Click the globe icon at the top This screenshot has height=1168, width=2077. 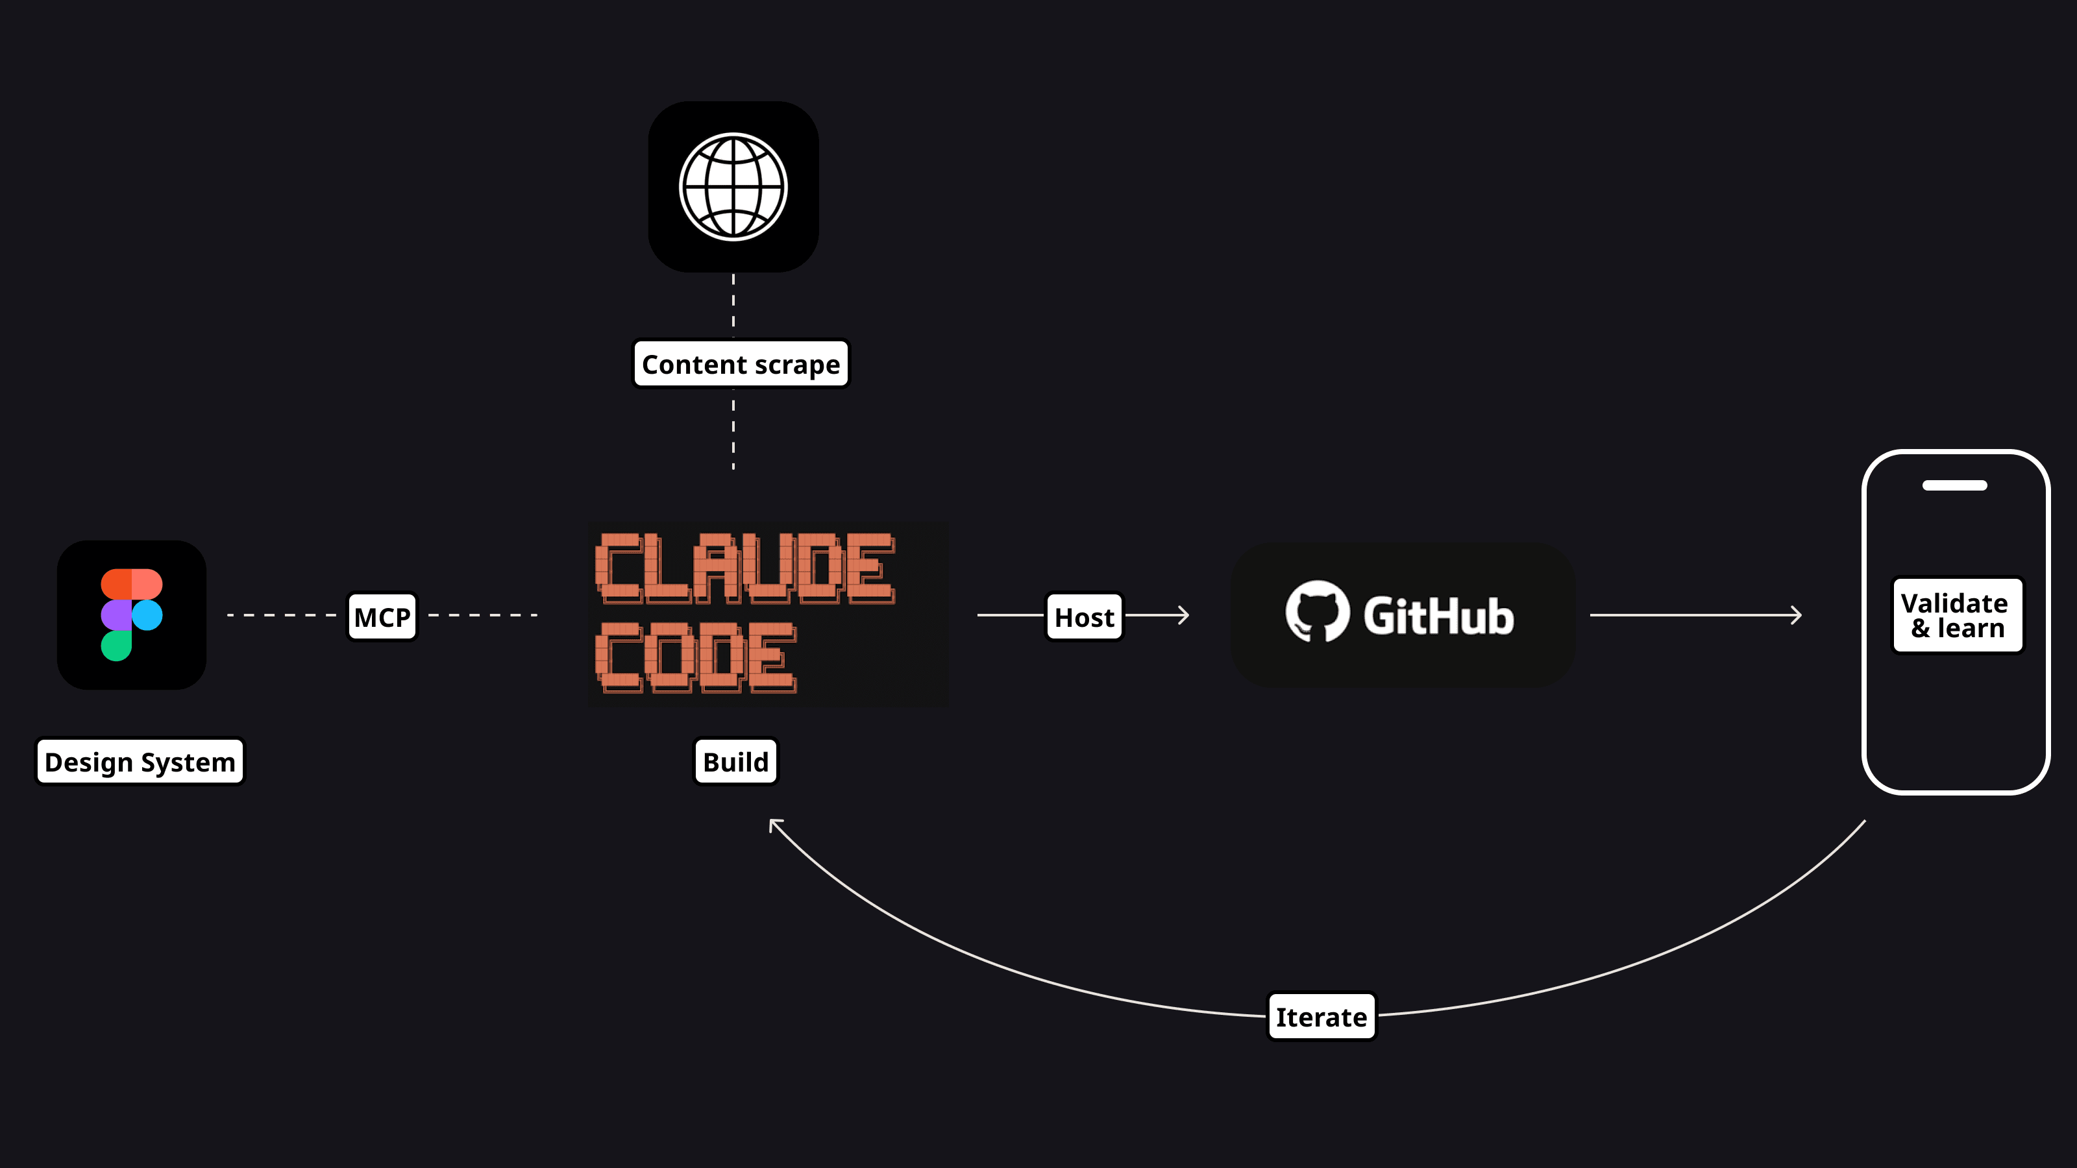[x=733, y=187]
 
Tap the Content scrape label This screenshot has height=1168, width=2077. [x=740, y=364]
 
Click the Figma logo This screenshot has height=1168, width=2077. [x=131, y=615]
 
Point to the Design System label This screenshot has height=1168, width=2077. [x=140, y=762]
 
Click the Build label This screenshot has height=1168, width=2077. [x=735, y=762]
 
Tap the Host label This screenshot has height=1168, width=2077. [x=1084, y=618]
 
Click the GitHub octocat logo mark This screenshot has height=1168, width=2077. [x=1317, y=612]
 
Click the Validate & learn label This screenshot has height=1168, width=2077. [x=1957, y=615]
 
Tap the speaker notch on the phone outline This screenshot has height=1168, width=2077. [x=1954, y=485]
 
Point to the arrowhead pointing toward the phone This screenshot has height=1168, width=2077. [x=1797, y=615]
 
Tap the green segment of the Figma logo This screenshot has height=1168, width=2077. [x=116, y=645]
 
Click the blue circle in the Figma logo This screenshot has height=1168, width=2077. [x=147, y=615]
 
